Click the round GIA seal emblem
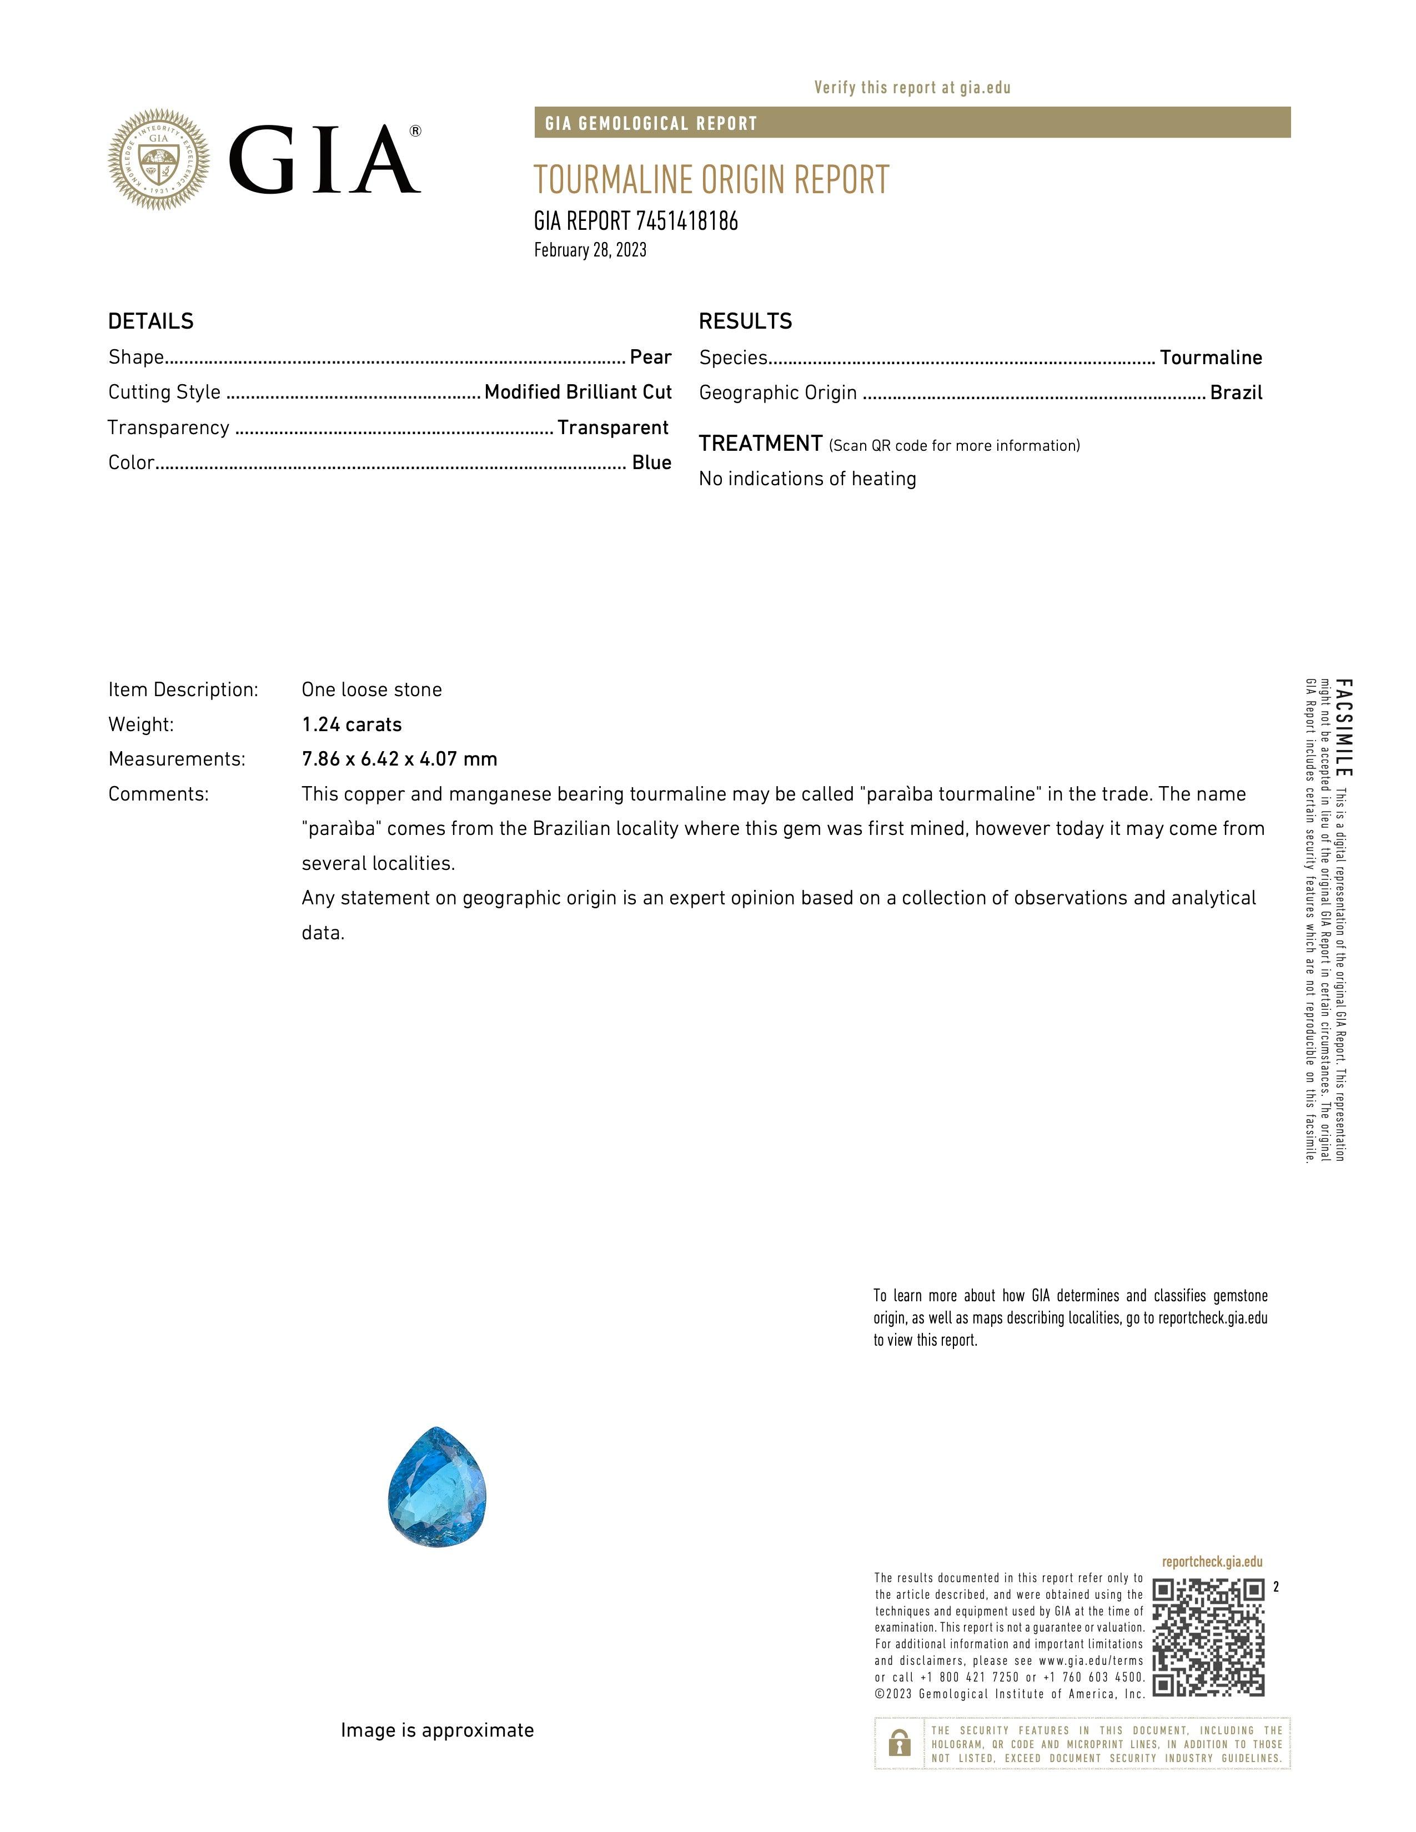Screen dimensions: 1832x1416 click(x=159, y=159)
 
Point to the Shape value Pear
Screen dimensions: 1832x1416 click(x=650, y=358)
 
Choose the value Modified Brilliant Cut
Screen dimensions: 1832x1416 click(x=578, y=392)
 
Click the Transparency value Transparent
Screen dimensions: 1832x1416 click(x=612, y=428)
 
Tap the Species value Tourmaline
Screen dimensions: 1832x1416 click(x=1211, y=358)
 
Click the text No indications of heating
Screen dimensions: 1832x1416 click(x=807, y=479)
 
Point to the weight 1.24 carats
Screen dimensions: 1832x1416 click(x=352, y=724)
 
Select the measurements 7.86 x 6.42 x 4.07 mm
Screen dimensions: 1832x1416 click(x=399, y=759)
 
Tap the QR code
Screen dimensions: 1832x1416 click(x=1208, y=1637)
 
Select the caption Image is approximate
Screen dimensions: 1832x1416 click(x=437, y=1730)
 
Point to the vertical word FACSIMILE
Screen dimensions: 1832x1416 click(x=1343, y=728)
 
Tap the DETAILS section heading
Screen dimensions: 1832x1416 click(x=151, y=321)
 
